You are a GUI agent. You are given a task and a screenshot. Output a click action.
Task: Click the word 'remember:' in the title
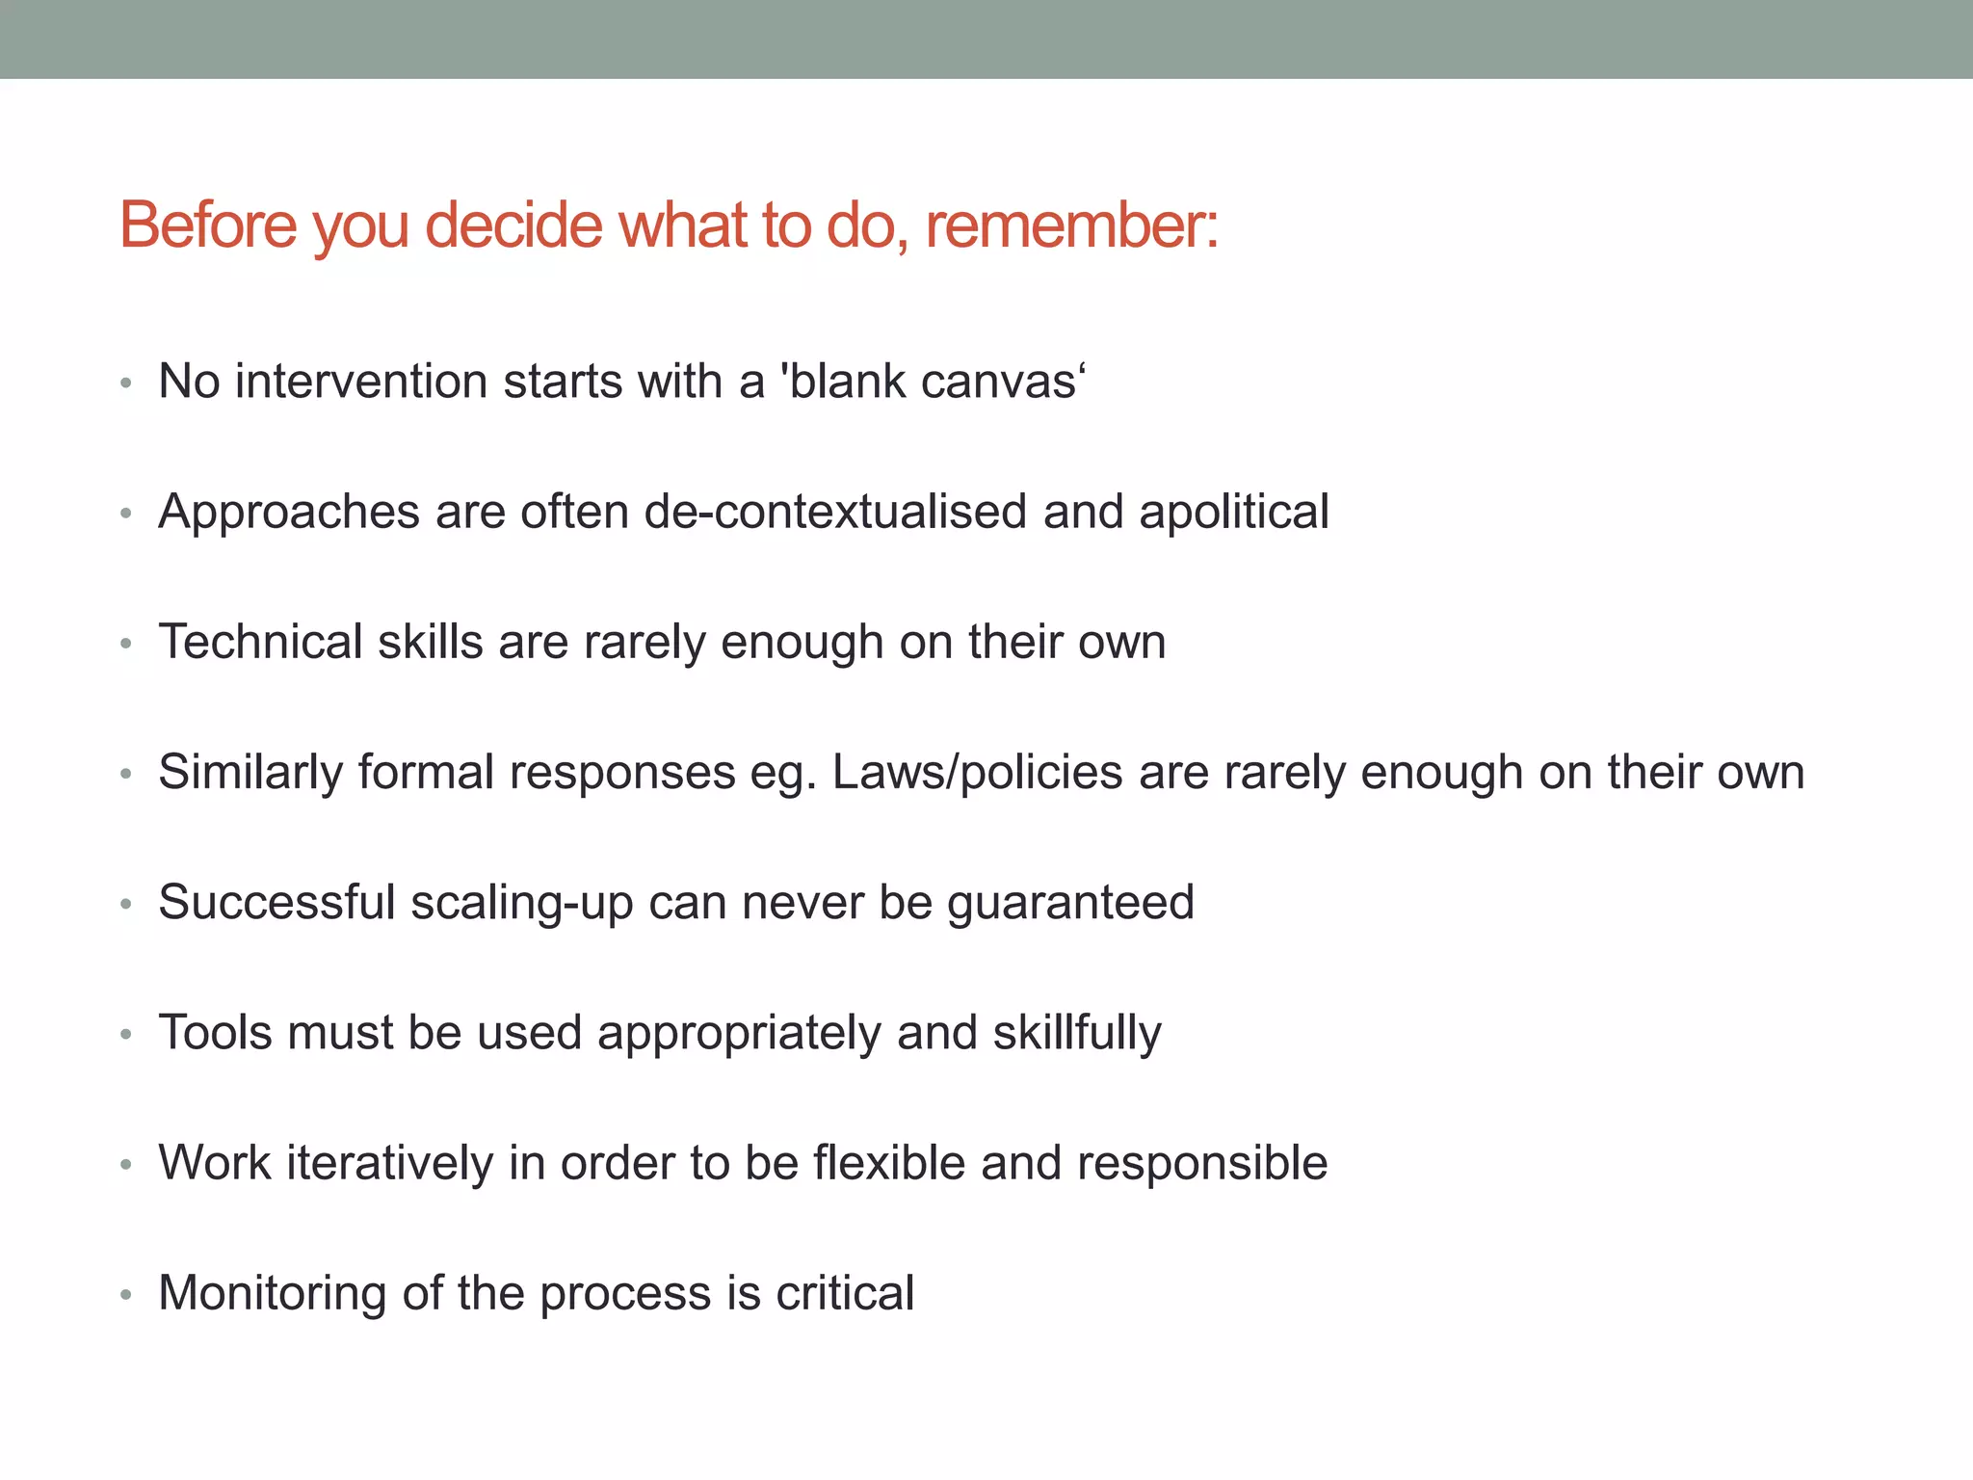click(x=1071, y=225)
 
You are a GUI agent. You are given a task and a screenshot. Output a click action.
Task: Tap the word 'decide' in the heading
click(x=513, y=225)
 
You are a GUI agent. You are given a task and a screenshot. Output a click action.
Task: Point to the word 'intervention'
click(x=361, y=382)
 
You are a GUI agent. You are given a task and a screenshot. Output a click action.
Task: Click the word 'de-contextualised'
click(x=835, y=512)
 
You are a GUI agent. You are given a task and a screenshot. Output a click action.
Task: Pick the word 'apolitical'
click(x=1234, y=512)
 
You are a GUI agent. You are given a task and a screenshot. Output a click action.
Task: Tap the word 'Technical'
click(x=260, y=642)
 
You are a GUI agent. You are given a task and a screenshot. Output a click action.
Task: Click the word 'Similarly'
click(x=250, y=773)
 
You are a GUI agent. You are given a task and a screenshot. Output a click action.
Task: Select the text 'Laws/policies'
click(x=977, y=773)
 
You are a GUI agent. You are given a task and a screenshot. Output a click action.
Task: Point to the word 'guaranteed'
click(x=1070, y=904)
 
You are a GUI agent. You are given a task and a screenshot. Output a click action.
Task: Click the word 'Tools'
click(x=216, y=1033)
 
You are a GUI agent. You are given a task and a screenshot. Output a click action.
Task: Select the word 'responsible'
click(x=1202, y=1163)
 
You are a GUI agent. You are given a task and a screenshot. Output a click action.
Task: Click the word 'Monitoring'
click(x=272, y=1293)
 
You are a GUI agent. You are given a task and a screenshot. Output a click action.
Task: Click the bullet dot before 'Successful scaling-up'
click(x=125, y=905)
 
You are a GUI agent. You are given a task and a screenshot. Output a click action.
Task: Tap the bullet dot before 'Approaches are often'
click(x=125, y=515)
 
